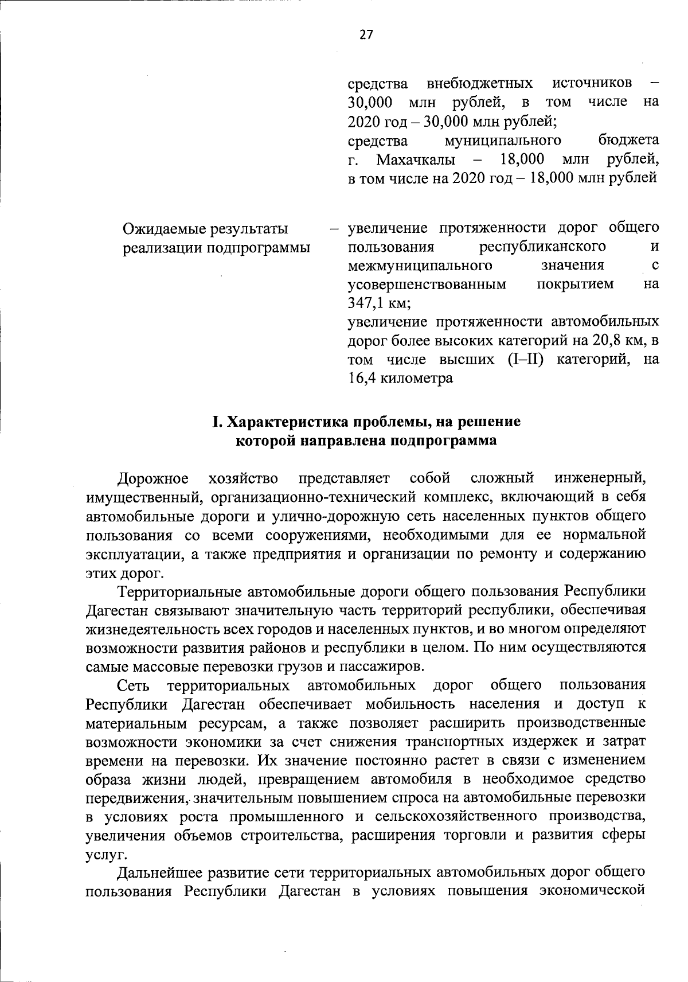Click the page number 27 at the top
click(366, 36)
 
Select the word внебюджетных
click(480, 84)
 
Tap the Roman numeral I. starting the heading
click(217, 423)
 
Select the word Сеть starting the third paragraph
click(132, 685)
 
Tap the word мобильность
click(401, 704)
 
